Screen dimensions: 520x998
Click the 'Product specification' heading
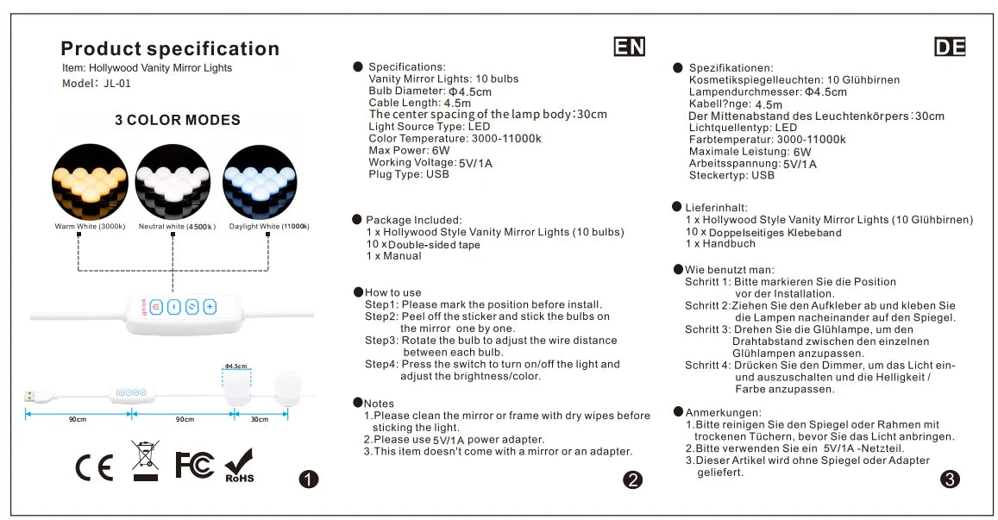tap(170, 49)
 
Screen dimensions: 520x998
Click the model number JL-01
tap(116, 84)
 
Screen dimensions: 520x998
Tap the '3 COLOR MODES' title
tap(178, 120)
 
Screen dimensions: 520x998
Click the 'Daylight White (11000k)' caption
tap(269, 227)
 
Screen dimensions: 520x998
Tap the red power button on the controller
tap(156, 306)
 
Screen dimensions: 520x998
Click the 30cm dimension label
tap(260, 419)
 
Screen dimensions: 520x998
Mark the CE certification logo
tap(94, 467)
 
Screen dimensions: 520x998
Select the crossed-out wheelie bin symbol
tap(145, 460)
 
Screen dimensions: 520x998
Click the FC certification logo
tap(195, 464)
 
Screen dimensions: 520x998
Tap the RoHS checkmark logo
tap(239, 466)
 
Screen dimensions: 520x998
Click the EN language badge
tap(630, 47)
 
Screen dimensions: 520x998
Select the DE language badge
tap(949, 47)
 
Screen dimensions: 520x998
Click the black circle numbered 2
tap(633, 480)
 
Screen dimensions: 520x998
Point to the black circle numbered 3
tap(951, 479)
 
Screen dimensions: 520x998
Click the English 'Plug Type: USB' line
tap(408, 174)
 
